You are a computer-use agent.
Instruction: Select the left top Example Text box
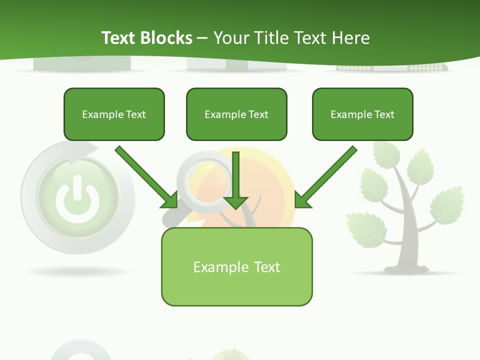114,114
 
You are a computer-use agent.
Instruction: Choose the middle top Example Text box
236,114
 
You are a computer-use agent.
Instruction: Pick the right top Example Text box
362,114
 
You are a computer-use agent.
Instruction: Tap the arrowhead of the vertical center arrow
236,202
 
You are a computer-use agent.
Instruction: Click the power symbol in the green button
77,200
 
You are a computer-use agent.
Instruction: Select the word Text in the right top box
384,114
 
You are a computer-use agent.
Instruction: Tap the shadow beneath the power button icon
77,271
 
